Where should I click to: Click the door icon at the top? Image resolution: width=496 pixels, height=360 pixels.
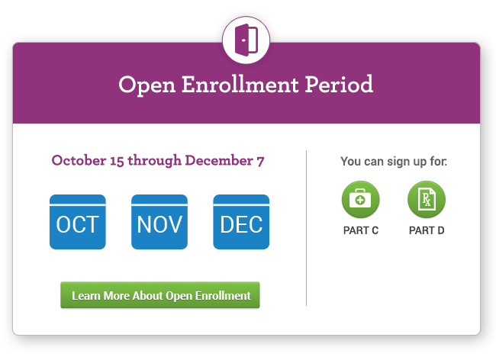coord(246,40)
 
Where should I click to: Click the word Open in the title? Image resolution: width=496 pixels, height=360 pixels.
coord(147,85)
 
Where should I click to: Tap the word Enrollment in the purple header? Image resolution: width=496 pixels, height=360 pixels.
coord(240,85)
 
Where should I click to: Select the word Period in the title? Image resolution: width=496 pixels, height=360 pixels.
coord(339,85)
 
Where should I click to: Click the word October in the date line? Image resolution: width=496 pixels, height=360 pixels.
coord(79,160)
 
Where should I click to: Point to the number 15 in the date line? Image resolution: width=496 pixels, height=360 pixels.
coord(117,161)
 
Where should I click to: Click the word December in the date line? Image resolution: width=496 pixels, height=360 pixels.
coord(219,160)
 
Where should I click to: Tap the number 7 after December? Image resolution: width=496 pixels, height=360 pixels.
coord(260,162)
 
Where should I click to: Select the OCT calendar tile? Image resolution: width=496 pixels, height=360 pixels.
coord(78,222)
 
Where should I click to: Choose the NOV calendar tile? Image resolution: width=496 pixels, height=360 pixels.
coord(159,222)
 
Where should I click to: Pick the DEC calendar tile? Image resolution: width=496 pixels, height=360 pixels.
coord(241,222)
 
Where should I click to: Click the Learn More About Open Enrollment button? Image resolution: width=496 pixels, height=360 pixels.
coord(160,295)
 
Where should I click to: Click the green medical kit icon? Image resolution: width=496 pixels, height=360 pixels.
coord(361,199)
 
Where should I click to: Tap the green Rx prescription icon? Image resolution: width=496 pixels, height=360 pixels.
coord(427,199)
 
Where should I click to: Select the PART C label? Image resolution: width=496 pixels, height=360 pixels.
coord(361,230)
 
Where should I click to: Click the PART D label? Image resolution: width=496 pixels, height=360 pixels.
coord(427,230)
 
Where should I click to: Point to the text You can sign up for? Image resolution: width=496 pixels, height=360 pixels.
coord(394,162)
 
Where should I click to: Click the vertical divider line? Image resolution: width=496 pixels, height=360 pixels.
coord(306,228)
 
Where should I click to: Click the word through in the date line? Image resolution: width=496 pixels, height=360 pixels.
coord(154,161)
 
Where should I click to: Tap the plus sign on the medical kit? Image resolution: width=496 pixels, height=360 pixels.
coord(359,200)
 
